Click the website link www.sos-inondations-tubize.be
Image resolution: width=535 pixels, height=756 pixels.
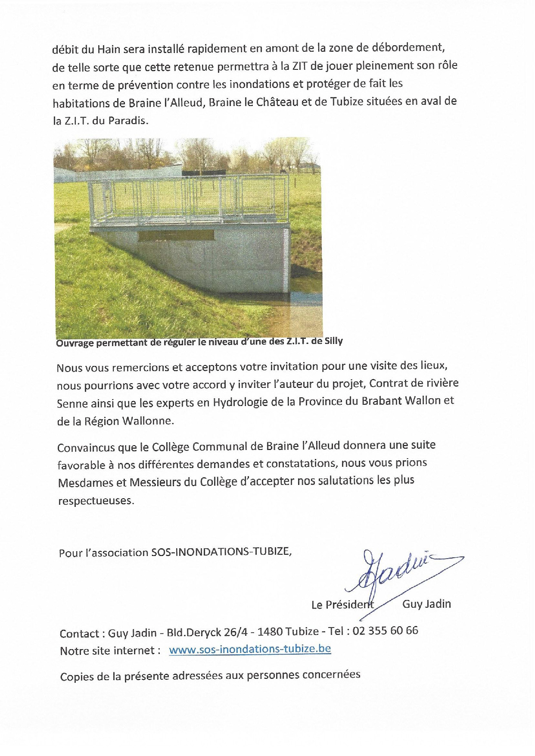[x=250, y=649]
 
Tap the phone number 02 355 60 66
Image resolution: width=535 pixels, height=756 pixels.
[x=385, y=631]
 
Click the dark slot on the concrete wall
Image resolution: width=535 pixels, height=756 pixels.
[x=176, y=235]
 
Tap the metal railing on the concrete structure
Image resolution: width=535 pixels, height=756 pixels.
[x=190, y=200]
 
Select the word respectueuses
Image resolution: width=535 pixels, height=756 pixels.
[x=95, y=501]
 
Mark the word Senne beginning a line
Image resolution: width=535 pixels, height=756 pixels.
[x=71, y=403]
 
